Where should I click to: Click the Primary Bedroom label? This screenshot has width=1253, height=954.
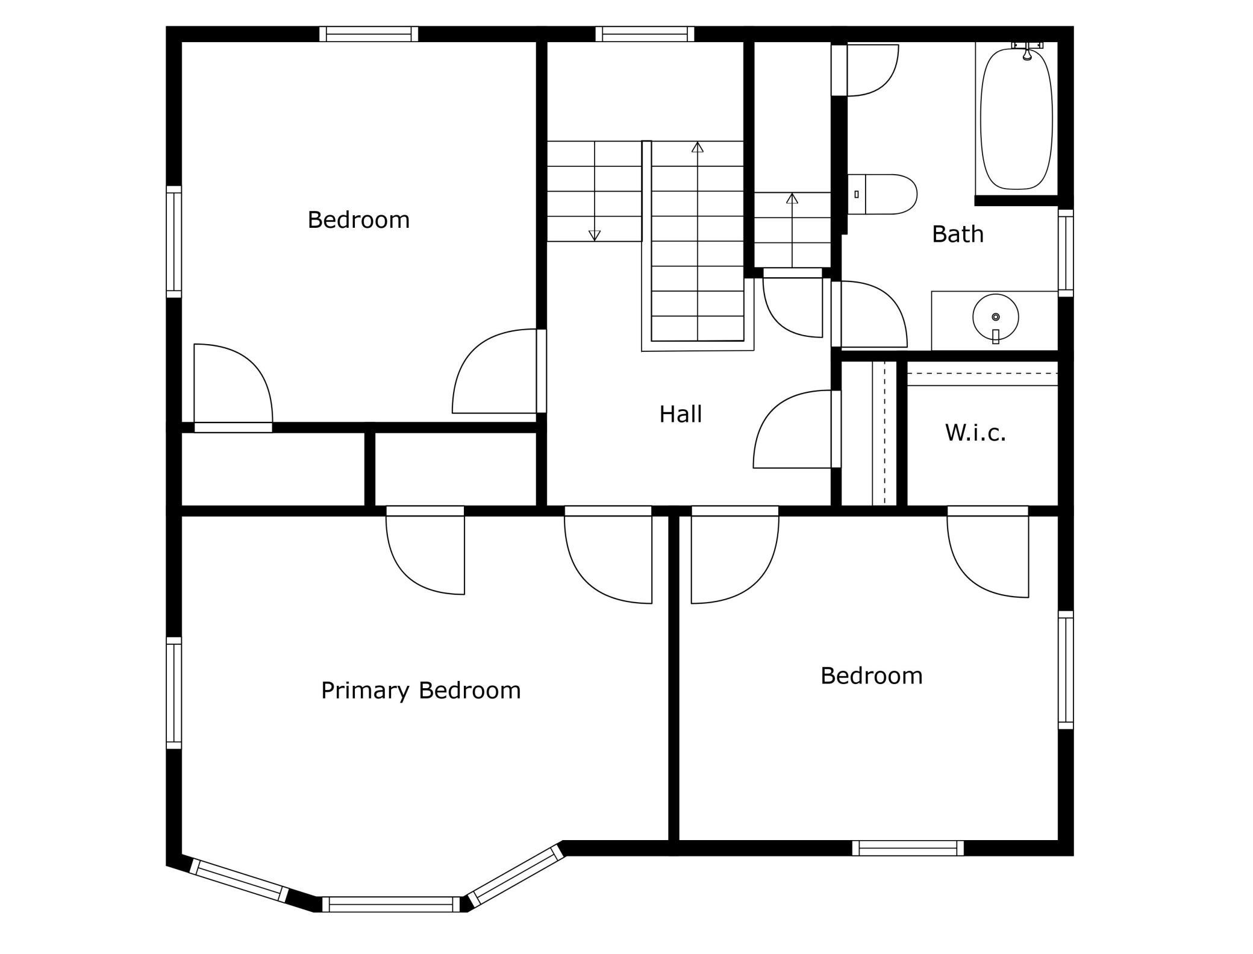pos(420,691)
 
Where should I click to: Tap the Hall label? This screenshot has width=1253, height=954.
pos(681,415)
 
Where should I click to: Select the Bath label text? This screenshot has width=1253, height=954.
pos(958,234)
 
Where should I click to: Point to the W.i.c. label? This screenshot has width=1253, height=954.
pos(975,433)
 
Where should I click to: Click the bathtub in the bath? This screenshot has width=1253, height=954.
pos(1017,118)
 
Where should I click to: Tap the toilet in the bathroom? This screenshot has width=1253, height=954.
pos(883,194)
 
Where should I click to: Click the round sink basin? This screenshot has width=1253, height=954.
pos(996,317)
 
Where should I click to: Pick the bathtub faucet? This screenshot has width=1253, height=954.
pos(1027,51)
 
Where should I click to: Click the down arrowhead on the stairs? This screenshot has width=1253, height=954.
pos(595,236)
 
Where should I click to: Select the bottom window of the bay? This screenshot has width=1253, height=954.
pos(391,904)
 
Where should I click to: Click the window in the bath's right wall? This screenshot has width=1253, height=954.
pos(1066,253)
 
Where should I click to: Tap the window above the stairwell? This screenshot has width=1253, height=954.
pos(645,34)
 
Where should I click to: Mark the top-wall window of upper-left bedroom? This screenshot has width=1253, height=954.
pos(369,34)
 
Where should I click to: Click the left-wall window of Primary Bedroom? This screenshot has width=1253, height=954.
pos(173,693)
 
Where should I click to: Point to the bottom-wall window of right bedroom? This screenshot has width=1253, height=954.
pos(908,848)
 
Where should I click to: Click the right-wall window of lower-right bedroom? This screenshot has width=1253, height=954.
pos(1066,670)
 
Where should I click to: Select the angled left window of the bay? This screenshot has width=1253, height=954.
pos(239,880)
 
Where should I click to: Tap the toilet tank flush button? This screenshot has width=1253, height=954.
pos(857,194)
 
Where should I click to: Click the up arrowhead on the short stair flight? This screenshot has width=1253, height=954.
pos(792,198)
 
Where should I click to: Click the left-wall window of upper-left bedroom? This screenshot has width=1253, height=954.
pos(173,242)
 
